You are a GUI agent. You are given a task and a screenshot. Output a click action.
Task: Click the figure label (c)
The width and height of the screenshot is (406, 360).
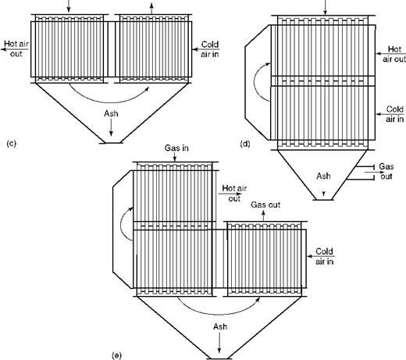click(12, 144)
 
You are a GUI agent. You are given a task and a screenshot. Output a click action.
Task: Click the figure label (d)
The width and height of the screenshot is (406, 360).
click(245, 144)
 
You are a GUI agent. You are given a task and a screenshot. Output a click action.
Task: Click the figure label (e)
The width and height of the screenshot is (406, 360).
click(116, 355)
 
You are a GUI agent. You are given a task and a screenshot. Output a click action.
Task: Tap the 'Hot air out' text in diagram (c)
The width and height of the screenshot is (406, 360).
click(16, 48)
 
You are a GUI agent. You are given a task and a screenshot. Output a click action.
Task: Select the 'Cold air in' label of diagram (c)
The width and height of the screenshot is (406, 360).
click(210, 49)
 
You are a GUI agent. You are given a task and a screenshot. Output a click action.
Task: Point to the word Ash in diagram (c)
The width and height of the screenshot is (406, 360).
click(111, 114)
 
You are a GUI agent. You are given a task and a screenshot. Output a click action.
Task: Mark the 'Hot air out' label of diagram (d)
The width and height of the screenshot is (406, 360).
click(394, 54)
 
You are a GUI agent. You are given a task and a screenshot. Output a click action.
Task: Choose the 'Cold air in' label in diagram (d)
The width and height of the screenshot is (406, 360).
click(395, 114)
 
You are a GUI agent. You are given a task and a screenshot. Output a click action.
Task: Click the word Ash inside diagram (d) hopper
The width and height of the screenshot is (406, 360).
click(323, 176)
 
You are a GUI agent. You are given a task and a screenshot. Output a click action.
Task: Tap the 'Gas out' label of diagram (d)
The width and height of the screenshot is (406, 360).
click(386, 171)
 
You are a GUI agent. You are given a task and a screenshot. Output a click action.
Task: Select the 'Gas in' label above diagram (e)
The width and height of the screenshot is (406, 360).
click(176, 148)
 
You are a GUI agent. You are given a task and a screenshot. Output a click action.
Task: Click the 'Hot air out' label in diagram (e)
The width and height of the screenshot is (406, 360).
click(234, 193)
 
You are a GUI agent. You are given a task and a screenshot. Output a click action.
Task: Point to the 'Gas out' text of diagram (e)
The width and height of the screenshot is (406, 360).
click(265, 205)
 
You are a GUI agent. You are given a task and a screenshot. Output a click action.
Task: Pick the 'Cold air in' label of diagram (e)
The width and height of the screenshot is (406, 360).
click(324, 256)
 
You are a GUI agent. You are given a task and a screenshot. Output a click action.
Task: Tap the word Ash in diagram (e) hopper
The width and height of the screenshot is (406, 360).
click(220, 326)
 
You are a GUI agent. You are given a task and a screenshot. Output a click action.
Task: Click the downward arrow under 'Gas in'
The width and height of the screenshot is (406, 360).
click(175, 157)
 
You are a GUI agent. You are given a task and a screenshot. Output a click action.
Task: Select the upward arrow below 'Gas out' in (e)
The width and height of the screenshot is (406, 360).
click(263, 216)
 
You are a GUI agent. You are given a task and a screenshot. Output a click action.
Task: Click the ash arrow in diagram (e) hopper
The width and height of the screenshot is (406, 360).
click(219, 343)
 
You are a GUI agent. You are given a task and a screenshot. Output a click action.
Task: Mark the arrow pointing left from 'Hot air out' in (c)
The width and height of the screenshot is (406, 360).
click(15, 49)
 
